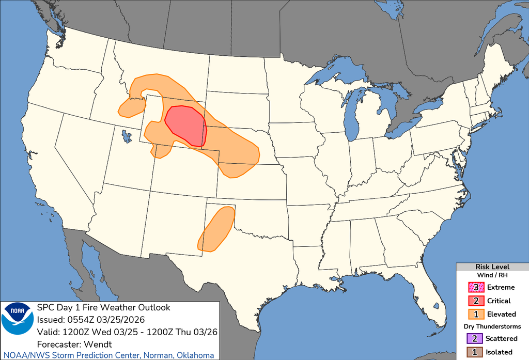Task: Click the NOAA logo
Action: coord(17,318)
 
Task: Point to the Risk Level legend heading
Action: coord(492,267)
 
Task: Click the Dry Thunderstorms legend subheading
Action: coord(492,326)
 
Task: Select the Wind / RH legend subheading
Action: coord(492,275)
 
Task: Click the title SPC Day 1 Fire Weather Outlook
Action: coord(103,307)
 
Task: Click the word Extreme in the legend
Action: coord(500,287)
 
